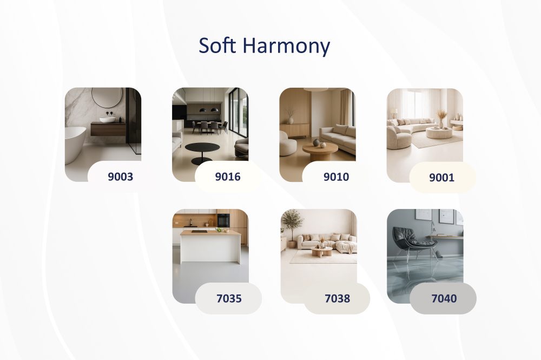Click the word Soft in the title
[x=217, y=45]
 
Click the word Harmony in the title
[x=286, y=47]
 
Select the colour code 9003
[x=121, y=176]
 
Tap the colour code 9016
[x=228, y=176]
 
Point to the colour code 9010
[x=336, y=176]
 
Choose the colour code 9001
[x=441, y=178]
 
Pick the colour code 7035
[x=229, y=298]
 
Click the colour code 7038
[x=338, y=298]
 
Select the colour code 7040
[x=444, y=298]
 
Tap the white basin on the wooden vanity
[x=108, y=120]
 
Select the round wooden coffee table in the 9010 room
[x=320, y=152]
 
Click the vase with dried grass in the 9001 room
[x=441, y=119]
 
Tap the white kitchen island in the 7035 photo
[x=210, y=247]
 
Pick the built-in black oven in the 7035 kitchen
[x=223, y=220]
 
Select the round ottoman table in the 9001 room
[x=439, y=133]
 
